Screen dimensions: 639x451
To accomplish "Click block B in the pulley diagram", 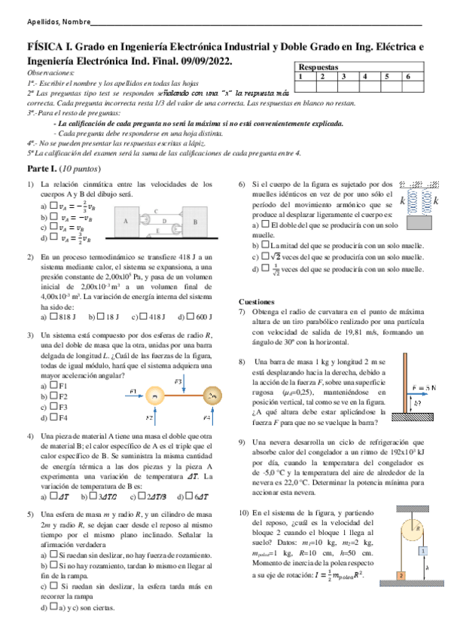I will point(194,222).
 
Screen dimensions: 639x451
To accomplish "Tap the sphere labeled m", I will point(154,396).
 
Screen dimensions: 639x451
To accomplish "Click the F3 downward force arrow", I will point(183,386).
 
